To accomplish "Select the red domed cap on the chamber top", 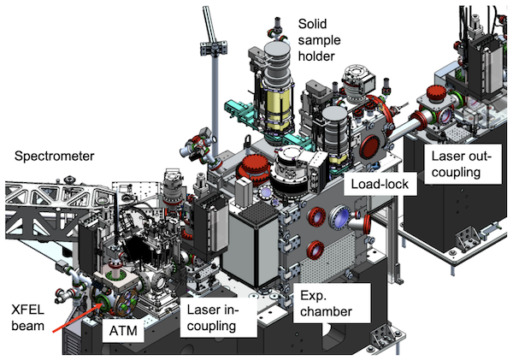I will (255, 167).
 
